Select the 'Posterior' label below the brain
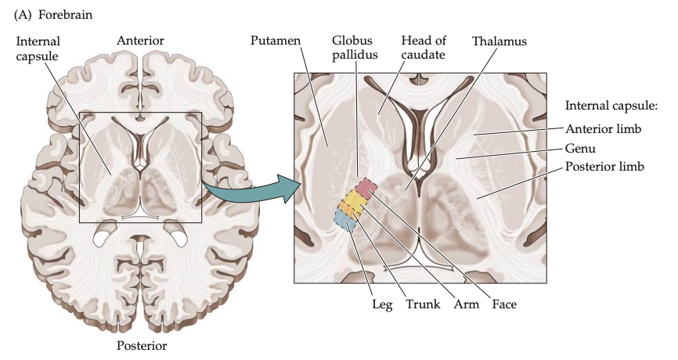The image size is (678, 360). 142,345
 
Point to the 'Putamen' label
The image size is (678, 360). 275,40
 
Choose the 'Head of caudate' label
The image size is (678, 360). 424,46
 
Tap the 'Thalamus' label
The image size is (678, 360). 499,40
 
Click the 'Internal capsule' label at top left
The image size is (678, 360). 38,47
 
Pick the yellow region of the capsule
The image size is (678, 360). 354,203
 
